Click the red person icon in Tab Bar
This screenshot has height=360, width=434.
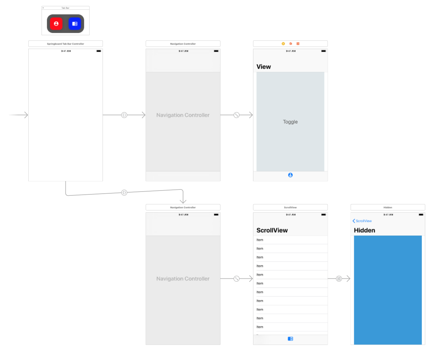(x=56, y=24)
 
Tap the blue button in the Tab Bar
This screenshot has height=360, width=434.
(x=75, y=24)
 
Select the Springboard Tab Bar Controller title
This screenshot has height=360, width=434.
(x=65, y=44)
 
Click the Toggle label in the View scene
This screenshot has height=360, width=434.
(x=290, y=122)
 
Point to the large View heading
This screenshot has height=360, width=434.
(x=264, y=67)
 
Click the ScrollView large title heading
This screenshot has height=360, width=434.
(x=272, y=230)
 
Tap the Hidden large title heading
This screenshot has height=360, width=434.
(x=364, y=230)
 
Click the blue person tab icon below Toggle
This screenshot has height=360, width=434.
(x=290, y=175)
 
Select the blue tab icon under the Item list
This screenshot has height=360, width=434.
(x=290, y=339)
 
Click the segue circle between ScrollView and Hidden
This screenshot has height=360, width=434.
(x=339, y=279)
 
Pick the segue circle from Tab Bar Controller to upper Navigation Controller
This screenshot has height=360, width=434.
(x=124, y=115)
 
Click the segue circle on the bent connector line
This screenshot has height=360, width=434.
(x=124, y=193)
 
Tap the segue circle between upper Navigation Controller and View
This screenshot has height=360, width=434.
(x=237, y=115)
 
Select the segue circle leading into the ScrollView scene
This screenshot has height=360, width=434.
(x=237, y=279)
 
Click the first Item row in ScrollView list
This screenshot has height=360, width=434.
(x=260, y=240)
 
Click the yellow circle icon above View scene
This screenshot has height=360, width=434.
(x=283, y=44)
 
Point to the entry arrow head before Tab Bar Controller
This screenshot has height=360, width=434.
(x=26, y=115)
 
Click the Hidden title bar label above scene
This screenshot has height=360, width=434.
(x=387, y=207)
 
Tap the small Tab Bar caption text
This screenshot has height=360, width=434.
(x=65, y=8)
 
